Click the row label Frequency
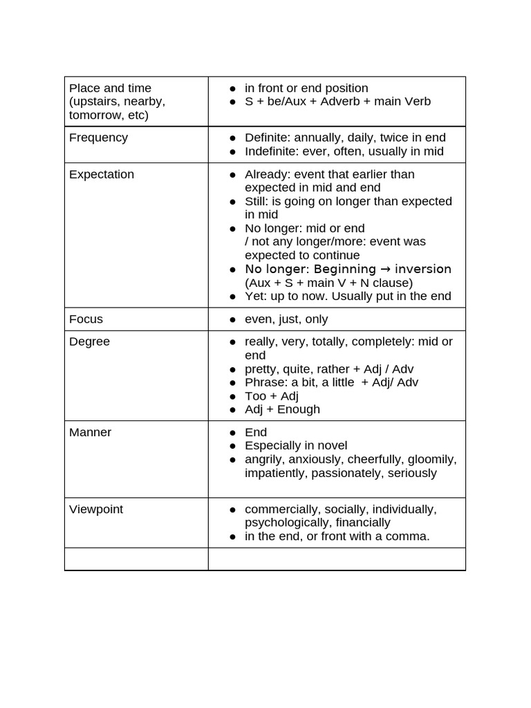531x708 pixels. coord(98,138)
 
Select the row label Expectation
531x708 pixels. coord(101,174)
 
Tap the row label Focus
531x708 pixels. coord(86,319)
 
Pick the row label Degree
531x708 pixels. coord(89,342)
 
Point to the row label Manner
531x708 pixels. coord(90,432)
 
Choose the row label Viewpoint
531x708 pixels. coord(95,509)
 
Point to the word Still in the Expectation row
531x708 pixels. coord(256,201)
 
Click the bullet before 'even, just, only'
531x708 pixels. coord(233,320)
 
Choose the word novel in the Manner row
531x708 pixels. coord(331,446)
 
